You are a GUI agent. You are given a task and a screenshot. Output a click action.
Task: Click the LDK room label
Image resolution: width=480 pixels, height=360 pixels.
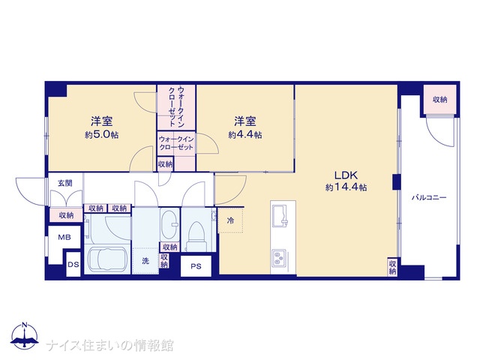pos(346,175)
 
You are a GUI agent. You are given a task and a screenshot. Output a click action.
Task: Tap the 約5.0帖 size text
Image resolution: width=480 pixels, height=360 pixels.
pos(102,135)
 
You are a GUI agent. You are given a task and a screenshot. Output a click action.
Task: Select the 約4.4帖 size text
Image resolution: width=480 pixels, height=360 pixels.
pos(245,135)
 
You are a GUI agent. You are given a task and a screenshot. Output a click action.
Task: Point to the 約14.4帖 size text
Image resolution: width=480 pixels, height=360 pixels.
pos(346,187)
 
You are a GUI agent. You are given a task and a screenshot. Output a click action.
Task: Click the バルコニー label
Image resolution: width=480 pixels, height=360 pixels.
pos(428,197)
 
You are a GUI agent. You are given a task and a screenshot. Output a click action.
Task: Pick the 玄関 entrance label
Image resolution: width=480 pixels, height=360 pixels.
pos(65,183)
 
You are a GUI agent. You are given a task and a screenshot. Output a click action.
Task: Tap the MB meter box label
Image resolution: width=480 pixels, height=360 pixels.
pos(64,237)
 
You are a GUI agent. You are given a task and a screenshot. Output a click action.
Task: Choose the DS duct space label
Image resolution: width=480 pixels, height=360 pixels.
pos(73,265)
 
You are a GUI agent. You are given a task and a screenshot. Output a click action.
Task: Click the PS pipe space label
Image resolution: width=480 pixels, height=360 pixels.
pos(196,266)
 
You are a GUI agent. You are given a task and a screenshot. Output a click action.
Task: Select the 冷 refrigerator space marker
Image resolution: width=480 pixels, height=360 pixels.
pos(230,220)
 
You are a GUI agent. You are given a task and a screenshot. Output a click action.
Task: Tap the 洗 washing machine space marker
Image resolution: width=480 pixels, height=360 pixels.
pos(145,261)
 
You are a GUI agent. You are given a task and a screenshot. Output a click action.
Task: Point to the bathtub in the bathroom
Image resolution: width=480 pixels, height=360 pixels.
pos(107,260)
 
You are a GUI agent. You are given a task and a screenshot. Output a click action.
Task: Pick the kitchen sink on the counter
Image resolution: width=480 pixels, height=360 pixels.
pos(280,216)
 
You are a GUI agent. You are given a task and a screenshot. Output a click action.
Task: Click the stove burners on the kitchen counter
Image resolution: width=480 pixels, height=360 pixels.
pos(279,257)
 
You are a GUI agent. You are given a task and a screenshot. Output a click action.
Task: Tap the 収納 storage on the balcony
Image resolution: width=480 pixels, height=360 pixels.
pos(440,100)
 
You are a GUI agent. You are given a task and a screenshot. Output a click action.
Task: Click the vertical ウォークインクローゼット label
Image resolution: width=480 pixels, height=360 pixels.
pos(176,106)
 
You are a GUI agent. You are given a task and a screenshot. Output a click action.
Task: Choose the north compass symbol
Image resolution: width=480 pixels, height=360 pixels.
pos(25,335)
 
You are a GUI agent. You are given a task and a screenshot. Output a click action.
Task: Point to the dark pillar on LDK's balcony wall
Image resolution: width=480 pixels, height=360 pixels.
pos(397,181)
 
